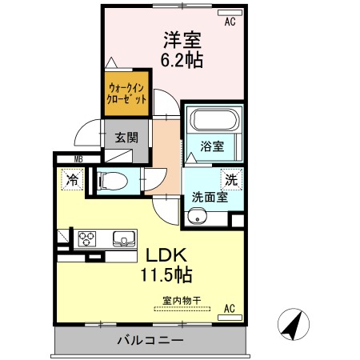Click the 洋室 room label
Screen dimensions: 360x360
pos(182,40)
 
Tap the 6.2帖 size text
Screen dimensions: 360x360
pos(182,60)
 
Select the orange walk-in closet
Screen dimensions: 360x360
pos(126,94)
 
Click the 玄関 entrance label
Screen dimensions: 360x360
pos(126,138)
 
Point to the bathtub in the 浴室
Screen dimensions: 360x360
pos(214,120)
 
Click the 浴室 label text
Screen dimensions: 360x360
pos(212,146)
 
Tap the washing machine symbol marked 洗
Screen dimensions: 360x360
pos(231,180)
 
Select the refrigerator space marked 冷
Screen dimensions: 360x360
pos(72,180)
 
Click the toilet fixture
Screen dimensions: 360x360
pos(113,181)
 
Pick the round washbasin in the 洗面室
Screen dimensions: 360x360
pos(198,217)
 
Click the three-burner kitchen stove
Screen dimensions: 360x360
pos(87,239)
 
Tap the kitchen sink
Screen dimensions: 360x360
pos(124,238)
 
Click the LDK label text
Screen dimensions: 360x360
pos(166,255)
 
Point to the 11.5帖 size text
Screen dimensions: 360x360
pos(166,274)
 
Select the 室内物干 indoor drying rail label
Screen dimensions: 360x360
pos(182,301)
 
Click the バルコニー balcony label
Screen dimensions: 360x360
pos(150,340)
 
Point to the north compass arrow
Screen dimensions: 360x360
pos(293,326)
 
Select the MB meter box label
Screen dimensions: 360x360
pos(78,159)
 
